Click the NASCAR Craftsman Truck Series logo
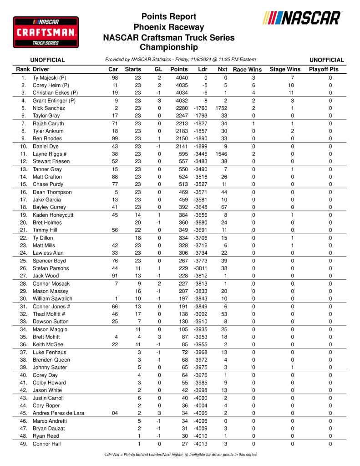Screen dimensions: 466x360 pos(46,32)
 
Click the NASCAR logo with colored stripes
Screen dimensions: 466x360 pos(302,18)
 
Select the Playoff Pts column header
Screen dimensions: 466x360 pos(324,70)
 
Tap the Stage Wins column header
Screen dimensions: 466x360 pos(285,70)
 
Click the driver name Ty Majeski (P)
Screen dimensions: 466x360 pos(50,78)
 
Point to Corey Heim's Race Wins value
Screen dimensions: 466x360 pos(254,85)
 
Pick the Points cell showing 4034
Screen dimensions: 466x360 pos(179,93)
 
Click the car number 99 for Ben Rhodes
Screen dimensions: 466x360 pos(115,138)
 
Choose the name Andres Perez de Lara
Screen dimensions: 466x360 pos(58,413)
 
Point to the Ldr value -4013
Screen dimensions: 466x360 pos(200,444)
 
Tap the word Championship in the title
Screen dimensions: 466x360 pos(168,47)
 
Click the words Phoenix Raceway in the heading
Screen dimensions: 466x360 pos(168,27)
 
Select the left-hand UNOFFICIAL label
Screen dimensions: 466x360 pos(47,60)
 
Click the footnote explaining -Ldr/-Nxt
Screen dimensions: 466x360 pos(180,455)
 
